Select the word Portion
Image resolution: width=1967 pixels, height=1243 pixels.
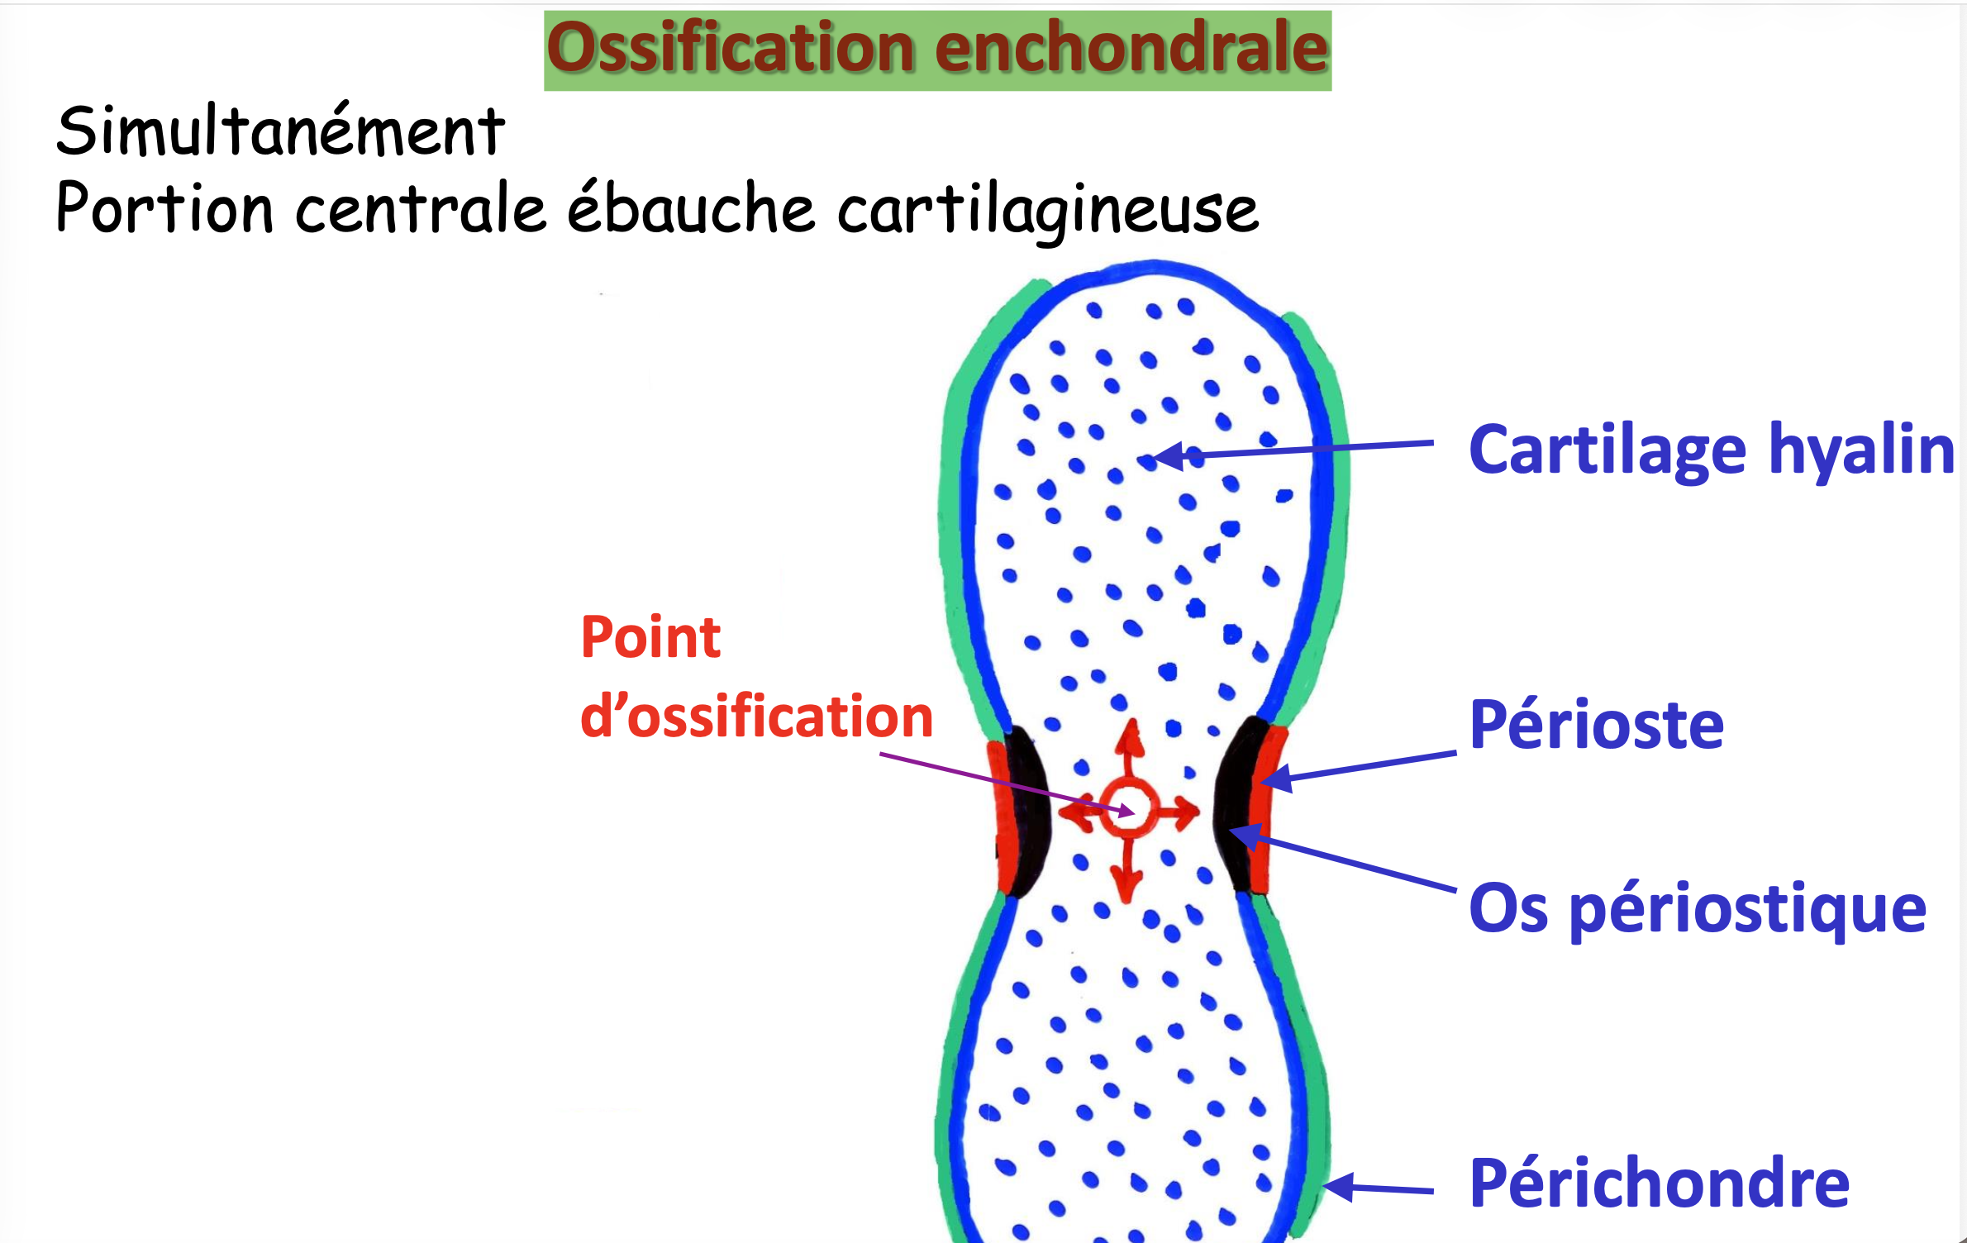(x=164, y=207)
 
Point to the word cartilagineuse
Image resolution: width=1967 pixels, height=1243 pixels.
(x=1048, y=212)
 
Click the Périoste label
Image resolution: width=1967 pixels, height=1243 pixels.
(x=1597, y=725)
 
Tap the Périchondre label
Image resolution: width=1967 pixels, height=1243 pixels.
(x=1660, y=1183)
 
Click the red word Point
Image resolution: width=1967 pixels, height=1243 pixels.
(x=650, y=638)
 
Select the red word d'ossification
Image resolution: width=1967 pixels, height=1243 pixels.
(x=756, y=716)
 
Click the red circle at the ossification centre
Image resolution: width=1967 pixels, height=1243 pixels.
(x=1128, y=810)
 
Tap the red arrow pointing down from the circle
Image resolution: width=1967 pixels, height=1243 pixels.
(x=1126, y=870)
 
